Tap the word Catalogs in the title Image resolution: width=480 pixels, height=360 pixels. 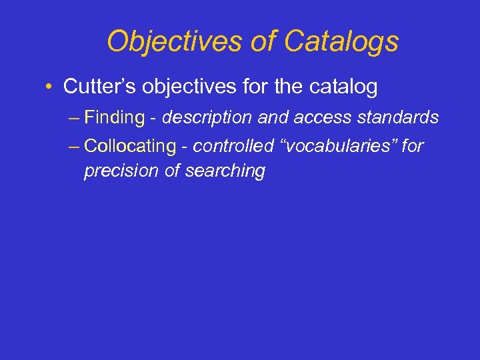[x=341, y=41]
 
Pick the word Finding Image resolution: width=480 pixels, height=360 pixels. [x=115, y=118]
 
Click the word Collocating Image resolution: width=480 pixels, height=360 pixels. [x=129, y=145]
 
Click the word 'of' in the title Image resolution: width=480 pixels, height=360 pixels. [x=263, y=41]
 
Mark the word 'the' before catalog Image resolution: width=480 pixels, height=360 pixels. [x=292, y=86]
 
